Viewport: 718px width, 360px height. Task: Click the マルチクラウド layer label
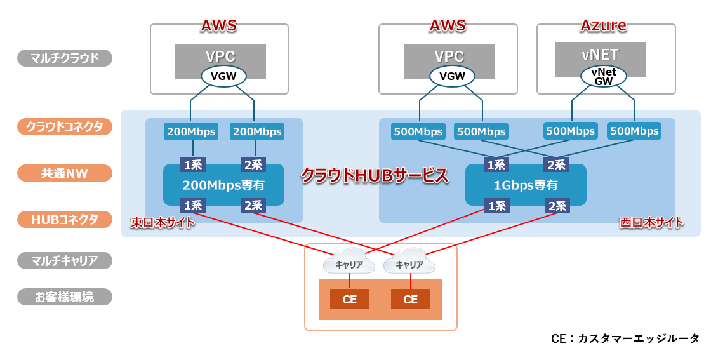point(64,58)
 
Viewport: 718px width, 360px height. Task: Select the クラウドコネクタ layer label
point(64,127)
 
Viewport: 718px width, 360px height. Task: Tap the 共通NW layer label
point(64,173)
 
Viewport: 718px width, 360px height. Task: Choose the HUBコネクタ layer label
point(64,220)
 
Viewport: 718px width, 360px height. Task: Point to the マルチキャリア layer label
point(64,260)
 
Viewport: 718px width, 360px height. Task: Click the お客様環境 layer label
point(64,297)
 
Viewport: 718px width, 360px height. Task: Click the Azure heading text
point(603,25)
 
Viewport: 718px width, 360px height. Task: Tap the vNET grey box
point(600,55)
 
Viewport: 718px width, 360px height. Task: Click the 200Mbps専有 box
point(223,185)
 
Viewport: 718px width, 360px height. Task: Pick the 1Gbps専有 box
point(526,185)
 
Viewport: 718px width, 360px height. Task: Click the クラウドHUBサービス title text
point(375,176)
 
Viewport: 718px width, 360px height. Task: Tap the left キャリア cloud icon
point(349,263)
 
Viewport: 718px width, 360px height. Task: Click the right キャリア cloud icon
point(410,263)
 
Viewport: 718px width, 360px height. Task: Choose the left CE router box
point(349,299)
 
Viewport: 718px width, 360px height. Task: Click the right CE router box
point(410,299)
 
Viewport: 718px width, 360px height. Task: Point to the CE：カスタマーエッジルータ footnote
point(625,338)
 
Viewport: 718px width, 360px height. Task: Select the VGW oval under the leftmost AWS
point(223,77)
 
